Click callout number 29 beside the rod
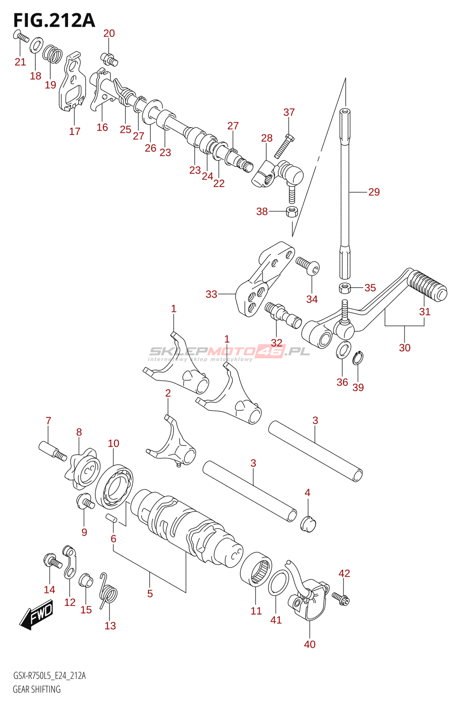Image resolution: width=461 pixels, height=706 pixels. [x=374, y=192]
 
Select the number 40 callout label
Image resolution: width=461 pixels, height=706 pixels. [x=310, y=644]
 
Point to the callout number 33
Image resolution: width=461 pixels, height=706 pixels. [x=212, y=294]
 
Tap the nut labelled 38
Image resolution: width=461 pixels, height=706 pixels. [x=291, y=211]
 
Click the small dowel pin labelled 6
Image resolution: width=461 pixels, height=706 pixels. [x=111, y=518]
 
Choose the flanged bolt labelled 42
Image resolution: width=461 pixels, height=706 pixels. [x=342, y=598]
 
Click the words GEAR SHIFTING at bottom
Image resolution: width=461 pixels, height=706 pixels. [x=37, y=689]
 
